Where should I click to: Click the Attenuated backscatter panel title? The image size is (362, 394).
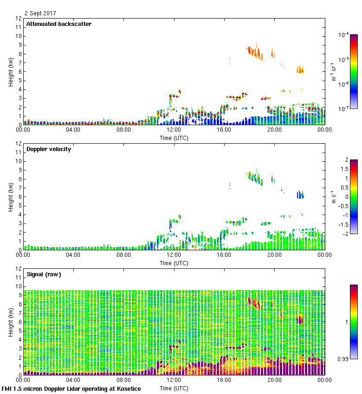tap(58, 24)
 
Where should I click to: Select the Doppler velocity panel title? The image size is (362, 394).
tap(48, 149)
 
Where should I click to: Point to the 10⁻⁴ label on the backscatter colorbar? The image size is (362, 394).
tap(344, 35)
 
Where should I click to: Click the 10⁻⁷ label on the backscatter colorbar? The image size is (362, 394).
tap(344, 108)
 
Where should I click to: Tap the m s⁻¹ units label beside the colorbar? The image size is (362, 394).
tap(334, 197)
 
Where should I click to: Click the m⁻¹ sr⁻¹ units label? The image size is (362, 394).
tap(334, 71)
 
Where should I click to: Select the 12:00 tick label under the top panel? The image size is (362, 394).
tap(174, 130)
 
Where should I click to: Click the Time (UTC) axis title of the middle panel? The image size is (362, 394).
tap(174, 263)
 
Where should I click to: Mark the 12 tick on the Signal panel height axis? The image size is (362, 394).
tap(19, 269)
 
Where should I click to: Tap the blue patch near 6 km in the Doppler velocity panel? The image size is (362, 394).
tap(300, 195)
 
